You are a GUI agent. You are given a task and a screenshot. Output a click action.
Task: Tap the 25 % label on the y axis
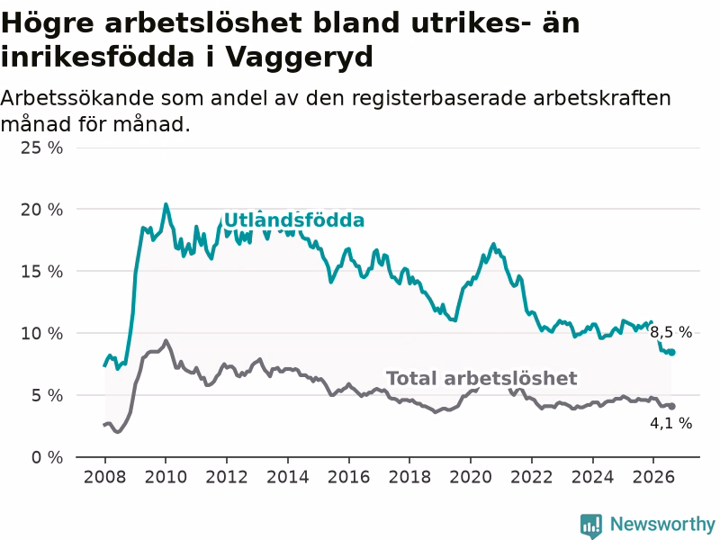click(x=41, y=148)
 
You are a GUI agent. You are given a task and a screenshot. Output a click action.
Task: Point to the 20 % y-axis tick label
click(x=41, y=210)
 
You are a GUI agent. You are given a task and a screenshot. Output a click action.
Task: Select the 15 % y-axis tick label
click(x=41, y=272)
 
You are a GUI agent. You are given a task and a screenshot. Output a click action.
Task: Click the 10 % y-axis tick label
click(x=41, y=333)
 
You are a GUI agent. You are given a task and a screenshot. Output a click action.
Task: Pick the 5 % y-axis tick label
click(x=48, y=395)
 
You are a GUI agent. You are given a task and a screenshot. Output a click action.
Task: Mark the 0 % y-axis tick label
click(x=48, y=457)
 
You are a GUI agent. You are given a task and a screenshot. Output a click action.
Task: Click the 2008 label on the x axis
click(x=104, y=477)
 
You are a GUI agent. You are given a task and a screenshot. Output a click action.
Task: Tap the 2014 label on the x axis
click(x=288, y=477)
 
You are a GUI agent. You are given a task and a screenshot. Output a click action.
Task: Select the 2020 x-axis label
click(x=471, y=477)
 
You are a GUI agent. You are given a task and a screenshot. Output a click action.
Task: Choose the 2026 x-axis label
click(x=653, y=477)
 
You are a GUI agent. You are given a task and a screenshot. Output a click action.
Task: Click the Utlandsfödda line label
click(x=294, y=220)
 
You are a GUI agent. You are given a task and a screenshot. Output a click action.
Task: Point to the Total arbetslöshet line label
click(x=481, y=378)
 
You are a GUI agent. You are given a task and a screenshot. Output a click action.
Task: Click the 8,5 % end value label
click(x=670, y=332)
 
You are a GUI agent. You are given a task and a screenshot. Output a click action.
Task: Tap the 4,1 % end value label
click(x=670, y=423)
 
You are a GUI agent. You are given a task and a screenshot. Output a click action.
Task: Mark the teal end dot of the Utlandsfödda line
click(x=671, y=352)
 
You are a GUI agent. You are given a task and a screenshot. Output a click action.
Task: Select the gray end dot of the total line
click(x=671, y=407)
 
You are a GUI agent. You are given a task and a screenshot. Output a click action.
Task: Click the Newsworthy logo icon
click(x=591, y=525)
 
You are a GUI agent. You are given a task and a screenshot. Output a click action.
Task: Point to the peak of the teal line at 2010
click(x=166, y=204)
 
